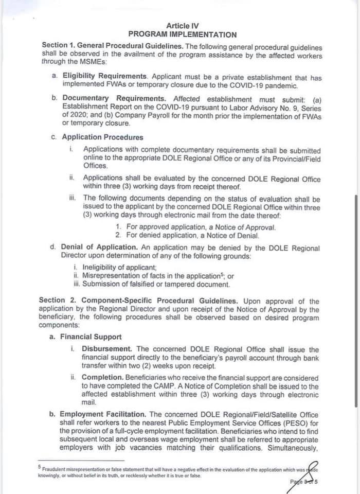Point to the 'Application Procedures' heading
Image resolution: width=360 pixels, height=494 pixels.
click(x=102, y=137)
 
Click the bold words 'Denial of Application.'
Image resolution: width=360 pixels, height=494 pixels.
click(x=100, y=248)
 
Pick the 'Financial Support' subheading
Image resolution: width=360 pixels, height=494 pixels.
click(x=91, y=337)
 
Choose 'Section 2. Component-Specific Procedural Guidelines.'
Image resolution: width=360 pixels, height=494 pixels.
click(x=138, y=301)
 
